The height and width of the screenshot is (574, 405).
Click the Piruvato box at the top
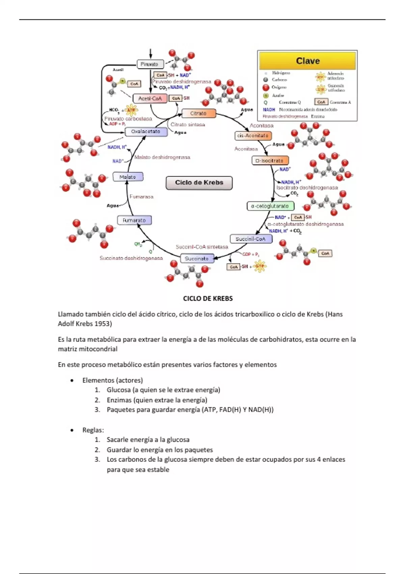[150, 64]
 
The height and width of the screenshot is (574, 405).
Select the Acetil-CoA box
[150, 99]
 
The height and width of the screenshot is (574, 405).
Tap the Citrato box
[198, 113]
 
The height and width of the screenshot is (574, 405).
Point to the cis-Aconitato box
[253, 136]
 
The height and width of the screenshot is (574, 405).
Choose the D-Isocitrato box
[270, 161]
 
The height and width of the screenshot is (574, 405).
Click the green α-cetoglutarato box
[270, 206]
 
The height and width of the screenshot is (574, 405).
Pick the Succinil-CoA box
[251, 239]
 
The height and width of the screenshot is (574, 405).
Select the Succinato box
[197, 259]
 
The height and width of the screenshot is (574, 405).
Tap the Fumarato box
[134, 220]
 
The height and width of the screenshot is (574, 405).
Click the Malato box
[128, 177]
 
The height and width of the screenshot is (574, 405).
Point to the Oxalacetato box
[146, 132]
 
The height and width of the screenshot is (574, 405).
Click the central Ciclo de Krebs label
[199, 183]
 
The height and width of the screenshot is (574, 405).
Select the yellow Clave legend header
[307, 61]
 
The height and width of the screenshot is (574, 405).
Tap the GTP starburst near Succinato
[259, 266]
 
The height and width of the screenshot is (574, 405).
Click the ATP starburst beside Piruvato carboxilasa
[131, 110]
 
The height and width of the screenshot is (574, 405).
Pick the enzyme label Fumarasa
[141, 197]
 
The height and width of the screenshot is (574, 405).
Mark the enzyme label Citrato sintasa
[188, 125]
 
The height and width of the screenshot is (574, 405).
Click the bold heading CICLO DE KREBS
[208, 298]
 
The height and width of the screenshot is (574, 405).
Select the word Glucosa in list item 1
[119, 390]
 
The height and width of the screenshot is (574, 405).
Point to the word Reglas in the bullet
[93, 430]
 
